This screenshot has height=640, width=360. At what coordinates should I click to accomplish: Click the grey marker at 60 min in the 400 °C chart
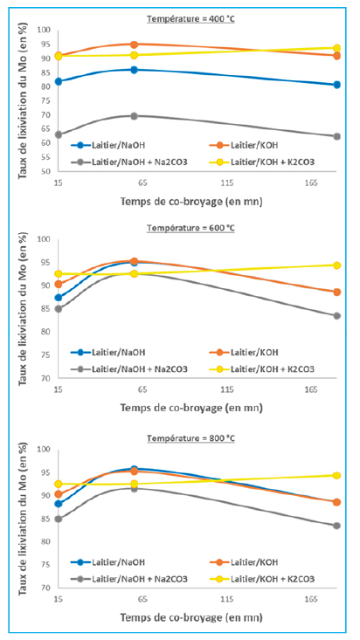pyautogui.click(x=134, y=116)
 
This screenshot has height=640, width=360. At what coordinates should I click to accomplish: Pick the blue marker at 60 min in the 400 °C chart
pyautogui.click(x=134, y=70)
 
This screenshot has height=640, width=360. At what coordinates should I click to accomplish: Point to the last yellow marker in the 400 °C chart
pyautogui.click(x=336, y=48)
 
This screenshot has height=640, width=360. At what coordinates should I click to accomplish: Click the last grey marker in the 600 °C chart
pyautogui.click(x=336, y=315)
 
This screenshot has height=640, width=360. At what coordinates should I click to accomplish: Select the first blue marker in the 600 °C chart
pyautogui.click(x=59, y=298)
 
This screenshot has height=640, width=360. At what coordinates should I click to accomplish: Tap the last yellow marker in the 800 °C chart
pyautogui.click(x=336, y=476)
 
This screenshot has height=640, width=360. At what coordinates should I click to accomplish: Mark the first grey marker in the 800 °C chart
pyautogui.click(x=59, y=519)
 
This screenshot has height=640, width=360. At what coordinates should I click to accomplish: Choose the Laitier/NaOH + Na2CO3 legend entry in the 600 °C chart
pyautogui.click(x=129, y=369)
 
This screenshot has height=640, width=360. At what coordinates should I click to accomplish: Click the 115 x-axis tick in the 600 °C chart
pyautogui.click(x=227, y=390)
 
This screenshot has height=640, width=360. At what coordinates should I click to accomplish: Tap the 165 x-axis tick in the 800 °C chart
pyautogui.click(x=311, y=599)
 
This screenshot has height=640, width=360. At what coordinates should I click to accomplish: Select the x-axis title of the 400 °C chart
pyautogui.click(x=191, y=201)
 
